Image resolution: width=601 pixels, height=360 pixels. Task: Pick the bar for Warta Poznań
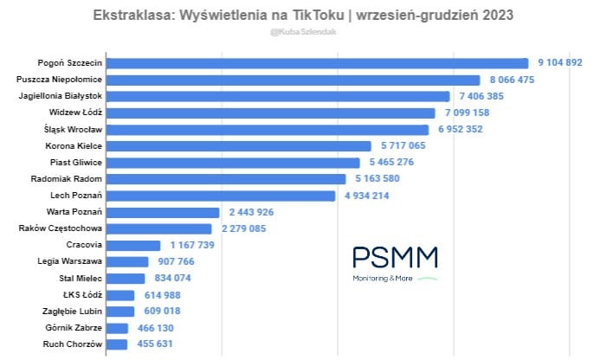click(x=165, y=212)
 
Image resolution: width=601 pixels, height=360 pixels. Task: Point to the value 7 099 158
click(x=475, y=112)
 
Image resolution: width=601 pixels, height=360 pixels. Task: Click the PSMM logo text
click(x=394, y=258)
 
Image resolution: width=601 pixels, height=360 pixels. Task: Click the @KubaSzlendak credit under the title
click(x=300, y=32)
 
